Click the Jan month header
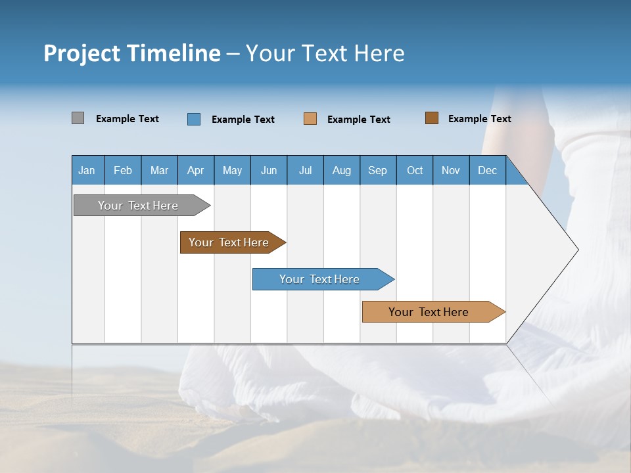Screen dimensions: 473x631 (x=87, y=170)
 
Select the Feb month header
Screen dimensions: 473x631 (x=123, y=170)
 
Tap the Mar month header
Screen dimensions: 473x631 (x=159, y=170)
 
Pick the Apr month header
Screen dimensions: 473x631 (x=196, y=170)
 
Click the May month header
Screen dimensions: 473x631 (x=232, y=170)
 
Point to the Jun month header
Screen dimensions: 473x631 (x=269, y=170)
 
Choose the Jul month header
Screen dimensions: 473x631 (x=305, y=170)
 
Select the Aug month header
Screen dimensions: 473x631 (x=342, y=170)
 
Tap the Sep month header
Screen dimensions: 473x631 (x=378, y=170)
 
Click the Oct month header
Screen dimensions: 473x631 (x=415, y=170)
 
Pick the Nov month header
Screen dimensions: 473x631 (x=451, y=170)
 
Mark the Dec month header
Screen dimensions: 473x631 (x=488, y=170)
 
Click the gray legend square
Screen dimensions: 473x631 (x=78, y=118)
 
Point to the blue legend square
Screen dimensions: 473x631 (x=194, y=119)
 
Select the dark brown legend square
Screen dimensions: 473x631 (x=432, y=118)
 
